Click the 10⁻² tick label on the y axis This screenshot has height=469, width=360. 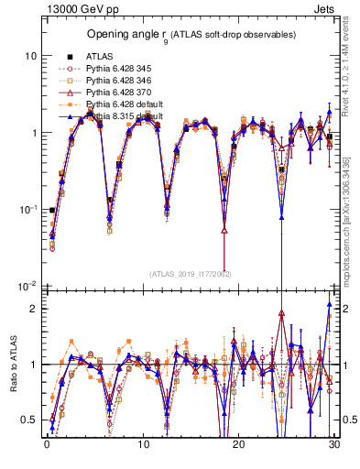point(26,288)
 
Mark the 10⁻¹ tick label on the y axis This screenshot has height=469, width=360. point(26,210)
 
